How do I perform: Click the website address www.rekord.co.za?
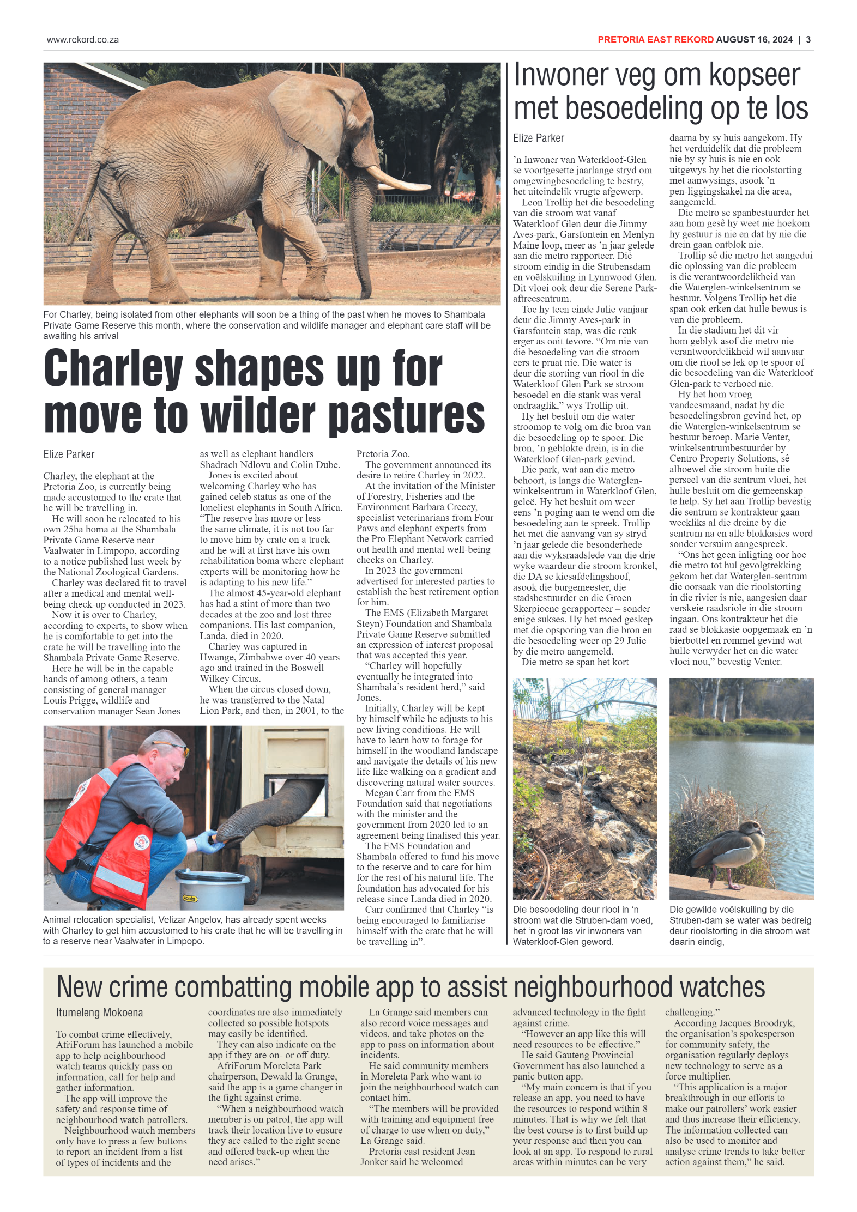point(83,40)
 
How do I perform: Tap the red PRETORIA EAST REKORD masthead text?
point(655,40)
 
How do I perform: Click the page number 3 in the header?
point(808,40)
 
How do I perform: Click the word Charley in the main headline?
point(113,369)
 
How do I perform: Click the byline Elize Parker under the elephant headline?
point(69,455)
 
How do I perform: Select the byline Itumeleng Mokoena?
point(99,1013)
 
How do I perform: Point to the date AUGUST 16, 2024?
point(754,40)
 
